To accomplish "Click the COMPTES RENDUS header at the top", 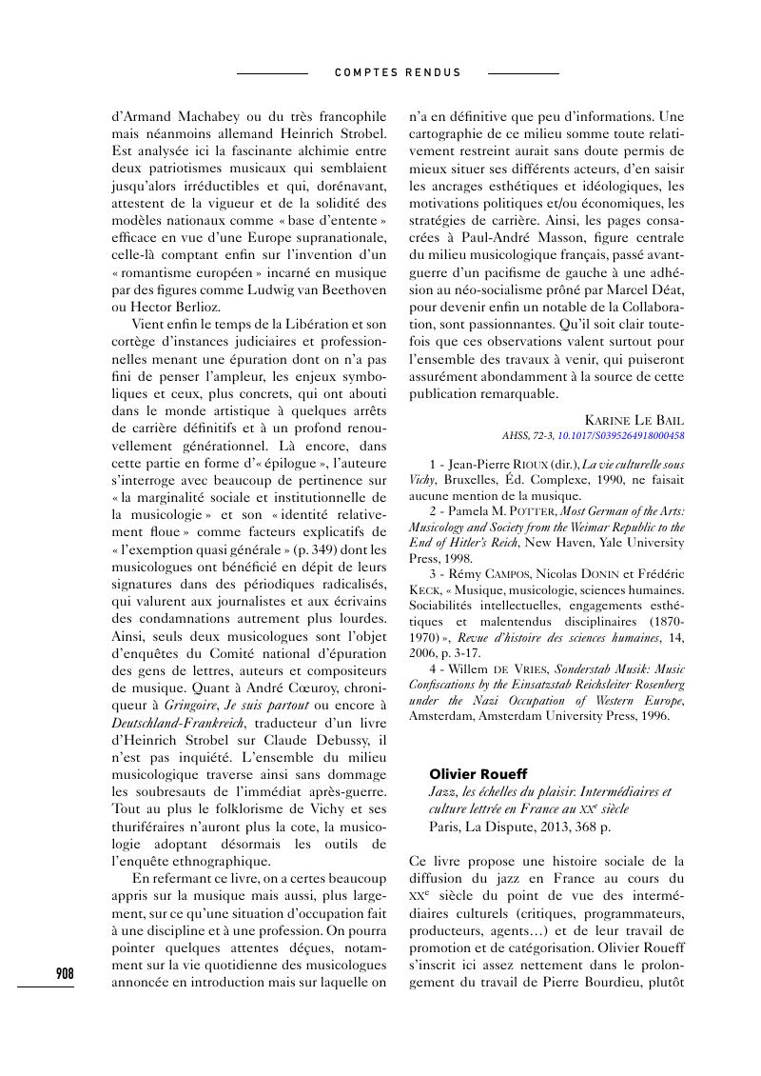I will pyautogui.click(x=398, y=72).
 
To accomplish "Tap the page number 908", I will pyautogui.click(x=65, y=973).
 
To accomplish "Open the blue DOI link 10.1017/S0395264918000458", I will pyautogui.click(x=620, y=435).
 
